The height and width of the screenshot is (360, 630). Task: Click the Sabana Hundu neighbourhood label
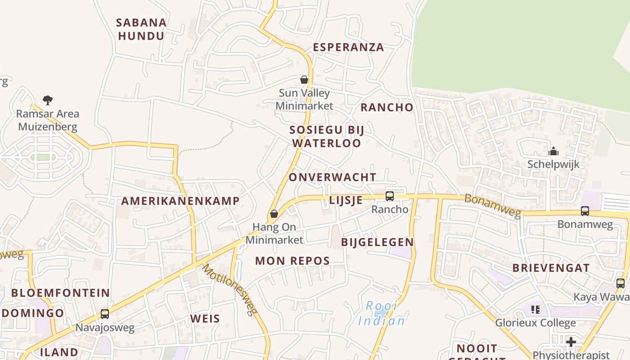click(x=141, y=29)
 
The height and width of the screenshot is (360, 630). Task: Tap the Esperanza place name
click(x=348, y=47)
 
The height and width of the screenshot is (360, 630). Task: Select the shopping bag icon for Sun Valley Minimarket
click(x=304, y=80)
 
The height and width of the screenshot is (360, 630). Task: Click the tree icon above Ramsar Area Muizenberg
click(x=48, y=100)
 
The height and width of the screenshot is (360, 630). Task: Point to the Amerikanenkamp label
click(x=180, y=201)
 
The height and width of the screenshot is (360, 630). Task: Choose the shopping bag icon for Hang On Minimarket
click(x=274, y=214)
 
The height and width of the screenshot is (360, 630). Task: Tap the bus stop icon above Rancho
click(x=390, y=196)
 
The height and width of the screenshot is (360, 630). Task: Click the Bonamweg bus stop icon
click(x=585, y=211)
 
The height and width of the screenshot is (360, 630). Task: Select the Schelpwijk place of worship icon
click(x=553, y=151)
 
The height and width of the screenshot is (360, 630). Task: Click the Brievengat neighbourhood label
click(x=551, y=268)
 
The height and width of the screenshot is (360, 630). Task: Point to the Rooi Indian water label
click(x=381, y=314)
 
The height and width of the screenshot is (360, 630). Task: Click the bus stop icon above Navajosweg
click(x=105, y=314)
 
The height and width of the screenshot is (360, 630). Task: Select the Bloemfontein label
click(x=61, y=293)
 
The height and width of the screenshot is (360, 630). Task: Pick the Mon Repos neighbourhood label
click(x=292, y=261)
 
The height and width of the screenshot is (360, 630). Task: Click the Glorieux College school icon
click(x=535, y=309)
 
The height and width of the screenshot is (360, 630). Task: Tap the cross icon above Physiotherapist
click(x=571, y=342)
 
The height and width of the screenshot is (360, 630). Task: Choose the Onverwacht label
click(x=332, y=177)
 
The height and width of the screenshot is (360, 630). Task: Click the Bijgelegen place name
click(x=377, y=242)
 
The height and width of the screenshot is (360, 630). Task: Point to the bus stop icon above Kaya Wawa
click(x=621, y=283)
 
